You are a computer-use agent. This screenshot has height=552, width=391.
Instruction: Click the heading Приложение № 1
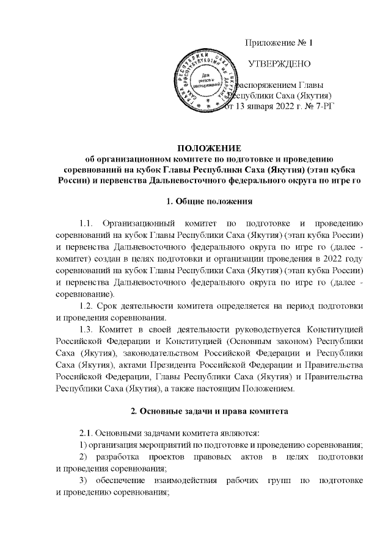(278, 43)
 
